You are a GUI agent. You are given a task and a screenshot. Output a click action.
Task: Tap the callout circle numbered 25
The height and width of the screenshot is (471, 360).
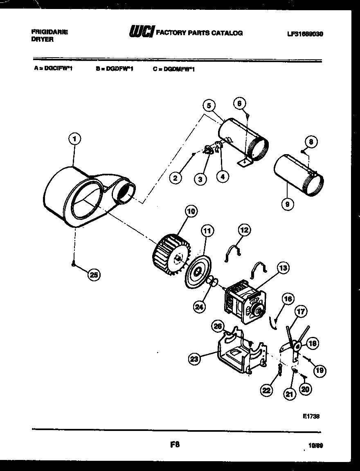(x=94, y=275)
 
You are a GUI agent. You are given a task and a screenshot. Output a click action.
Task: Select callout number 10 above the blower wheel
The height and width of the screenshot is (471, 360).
(x=191, y=211)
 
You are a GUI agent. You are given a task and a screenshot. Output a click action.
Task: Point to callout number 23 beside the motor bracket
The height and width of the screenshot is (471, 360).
(x=195, y=359)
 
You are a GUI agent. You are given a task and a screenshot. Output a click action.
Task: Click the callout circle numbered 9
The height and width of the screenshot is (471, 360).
(x=288, y=203)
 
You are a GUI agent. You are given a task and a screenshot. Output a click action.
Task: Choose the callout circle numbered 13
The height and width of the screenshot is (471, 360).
(x=283, y=268)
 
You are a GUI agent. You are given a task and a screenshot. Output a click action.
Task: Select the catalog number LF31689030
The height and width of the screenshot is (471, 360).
(x=305, y=34)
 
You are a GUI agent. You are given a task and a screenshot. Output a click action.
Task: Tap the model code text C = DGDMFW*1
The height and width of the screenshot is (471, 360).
(x=174, y=69)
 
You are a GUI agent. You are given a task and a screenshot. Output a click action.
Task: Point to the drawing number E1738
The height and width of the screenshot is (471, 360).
(x=311, y=416)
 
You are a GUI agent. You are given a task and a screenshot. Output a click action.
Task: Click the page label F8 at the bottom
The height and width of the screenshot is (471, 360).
(x=175, y=444)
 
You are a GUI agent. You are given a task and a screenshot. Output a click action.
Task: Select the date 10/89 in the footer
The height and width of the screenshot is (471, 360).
(x=316, y=446)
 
